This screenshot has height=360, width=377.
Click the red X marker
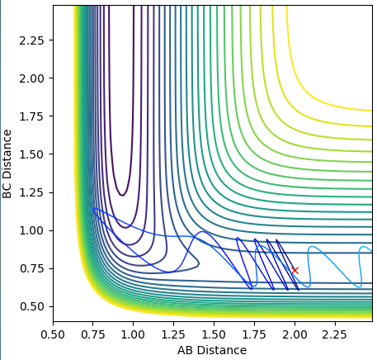[x=295, y=270]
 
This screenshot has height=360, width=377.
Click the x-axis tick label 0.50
[x=53, y=335]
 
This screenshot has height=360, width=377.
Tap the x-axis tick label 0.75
[x=93, y=335]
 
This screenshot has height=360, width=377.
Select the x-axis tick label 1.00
[x=134, y=335]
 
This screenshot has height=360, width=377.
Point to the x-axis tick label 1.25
[x=174, y=335]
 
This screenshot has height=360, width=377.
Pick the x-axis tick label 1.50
[x=214, y=335]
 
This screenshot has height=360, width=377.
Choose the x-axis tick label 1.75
[x=254, y=335]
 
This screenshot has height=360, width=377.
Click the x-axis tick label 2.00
[x=295, y=335]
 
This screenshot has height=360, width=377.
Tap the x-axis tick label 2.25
[x=335, y=335]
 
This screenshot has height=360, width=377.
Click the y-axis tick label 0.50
[x=32, y=306]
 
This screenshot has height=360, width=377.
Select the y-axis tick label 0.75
[x=32, y=268]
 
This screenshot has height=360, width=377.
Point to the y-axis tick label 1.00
[x=32, y=230]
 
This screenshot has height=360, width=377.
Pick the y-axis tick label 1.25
[x=32, y=192]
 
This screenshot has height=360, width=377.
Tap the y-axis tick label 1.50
[x=32, y=154]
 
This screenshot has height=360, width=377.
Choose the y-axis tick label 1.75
[x=32, y=116]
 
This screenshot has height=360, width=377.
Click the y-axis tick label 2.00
[x=32, y=78]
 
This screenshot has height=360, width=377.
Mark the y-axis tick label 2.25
[x=32, y=40]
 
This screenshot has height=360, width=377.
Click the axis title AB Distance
[x=212, y=350]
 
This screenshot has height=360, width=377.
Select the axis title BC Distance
[x=7, y=164]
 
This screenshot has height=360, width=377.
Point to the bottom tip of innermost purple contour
[x=122, y=196]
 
